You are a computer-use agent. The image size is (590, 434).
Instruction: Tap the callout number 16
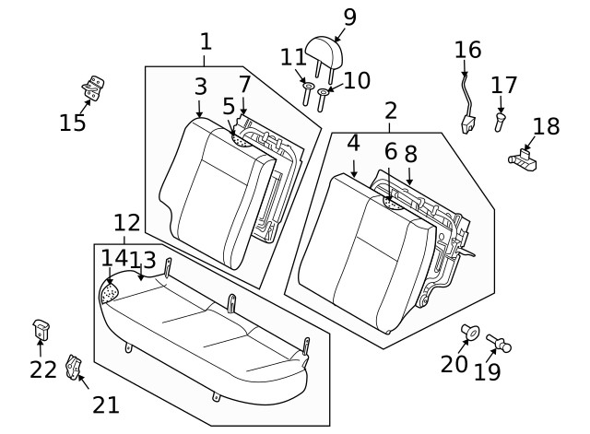click(468, 49)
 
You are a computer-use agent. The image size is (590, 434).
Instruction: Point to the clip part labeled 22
click(41, 327)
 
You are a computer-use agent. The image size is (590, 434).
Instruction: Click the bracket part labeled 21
click(75, 369)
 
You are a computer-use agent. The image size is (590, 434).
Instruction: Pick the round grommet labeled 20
click(469, 332)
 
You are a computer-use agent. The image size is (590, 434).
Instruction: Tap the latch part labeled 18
click(525, 158)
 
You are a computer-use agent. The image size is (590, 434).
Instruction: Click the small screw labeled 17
click(499, 120)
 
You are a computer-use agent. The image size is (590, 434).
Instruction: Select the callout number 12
click(126, 222)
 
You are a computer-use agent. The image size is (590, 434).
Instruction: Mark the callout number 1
click(206, 41)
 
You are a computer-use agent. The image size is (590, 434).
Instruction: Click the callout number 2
click(391, 111)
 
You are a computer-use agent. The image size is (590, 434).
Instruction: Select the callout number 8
click(409, 154)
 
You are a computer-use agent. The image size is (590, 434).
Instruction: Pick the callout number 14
click(113, 259)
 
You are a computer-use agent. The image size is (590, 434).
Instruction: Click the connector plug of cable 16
click(467, 124)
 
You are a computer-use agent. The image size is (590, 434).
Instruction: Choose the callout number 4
click(353, 144)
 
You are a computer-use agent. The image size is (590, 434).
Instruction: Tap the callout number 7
click(244, 85)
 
